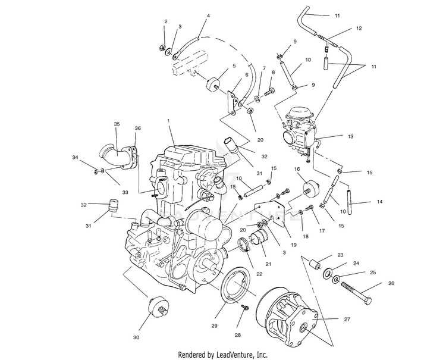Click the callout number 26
[x=391, y=283]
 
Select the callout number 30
[x=136, y=337]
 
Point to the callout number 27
[x=347, y=320]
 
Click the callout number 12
[x=359, y=28]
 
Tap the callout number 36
[x=138, y=129]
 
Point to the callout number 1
[x=168, y=121]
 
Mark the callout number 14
[x=380, y=202]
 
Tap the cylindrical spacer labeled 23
[x=315, y=264]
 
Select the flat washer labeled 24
[x=328, y=274]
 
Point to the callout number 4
[x=208, y=16]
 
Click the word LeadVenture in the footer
[x=235, y=355]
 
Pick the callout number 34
[x=75, y=157]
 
